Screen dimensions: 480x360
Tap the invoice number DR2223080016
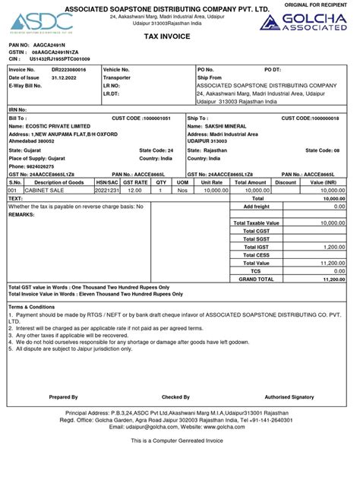point(69,69)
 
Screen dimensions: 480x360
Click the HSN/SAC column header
point(107,182)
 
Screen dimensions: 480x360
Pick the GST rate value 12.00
point(134,190)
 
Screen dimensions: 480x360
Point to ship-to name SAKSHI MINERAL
point(226,126)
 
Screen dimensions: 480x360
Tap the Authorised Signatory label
point(289,397)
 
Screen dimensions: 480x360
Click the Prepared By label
point(63,397)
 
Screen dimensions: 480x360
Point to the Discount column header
point(286,182)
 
